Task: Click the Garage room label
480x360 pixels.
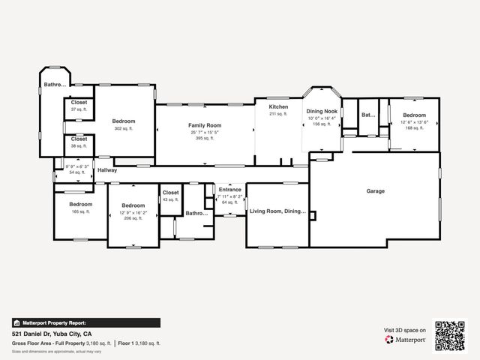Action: [x=375, y=191]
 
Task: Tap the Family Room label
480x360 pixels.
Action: [x=205, y=124]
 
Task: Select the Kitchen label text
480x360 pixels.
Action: [x=278, y=107]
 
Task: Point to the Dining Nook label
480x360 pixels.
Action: [x=321, y=111]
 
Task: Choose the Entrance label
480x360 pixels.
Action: [x=229, y=190]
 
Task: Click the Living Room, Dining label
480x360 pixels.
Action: [x=277, y=211]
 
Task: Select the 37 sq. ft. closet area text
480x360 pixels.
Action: [x=79, y=109]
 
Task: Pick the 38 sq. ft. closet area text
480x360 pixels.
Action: [x=79, y=145]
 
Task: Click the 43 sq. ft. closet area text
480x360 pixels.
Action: [x=170, y=199]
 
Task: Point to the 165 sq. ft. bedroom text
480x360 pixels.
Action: [x=80, y=211]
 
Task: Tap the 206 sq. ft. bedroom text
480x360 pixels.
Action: [x=133, y=218]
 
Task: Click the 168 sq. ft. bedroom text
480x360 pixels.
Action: [x=414, y=128]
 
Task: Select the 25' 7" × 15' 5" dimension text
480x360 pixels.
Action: [x=205, y=132]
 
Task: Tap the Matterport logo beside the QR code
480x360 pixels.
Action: [x=406, y=340]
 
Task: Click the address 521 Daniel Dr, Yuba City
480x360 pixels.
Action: [x=52, y=333]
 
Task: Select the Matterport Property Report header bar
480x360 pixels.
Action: [x=85, y=322]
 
